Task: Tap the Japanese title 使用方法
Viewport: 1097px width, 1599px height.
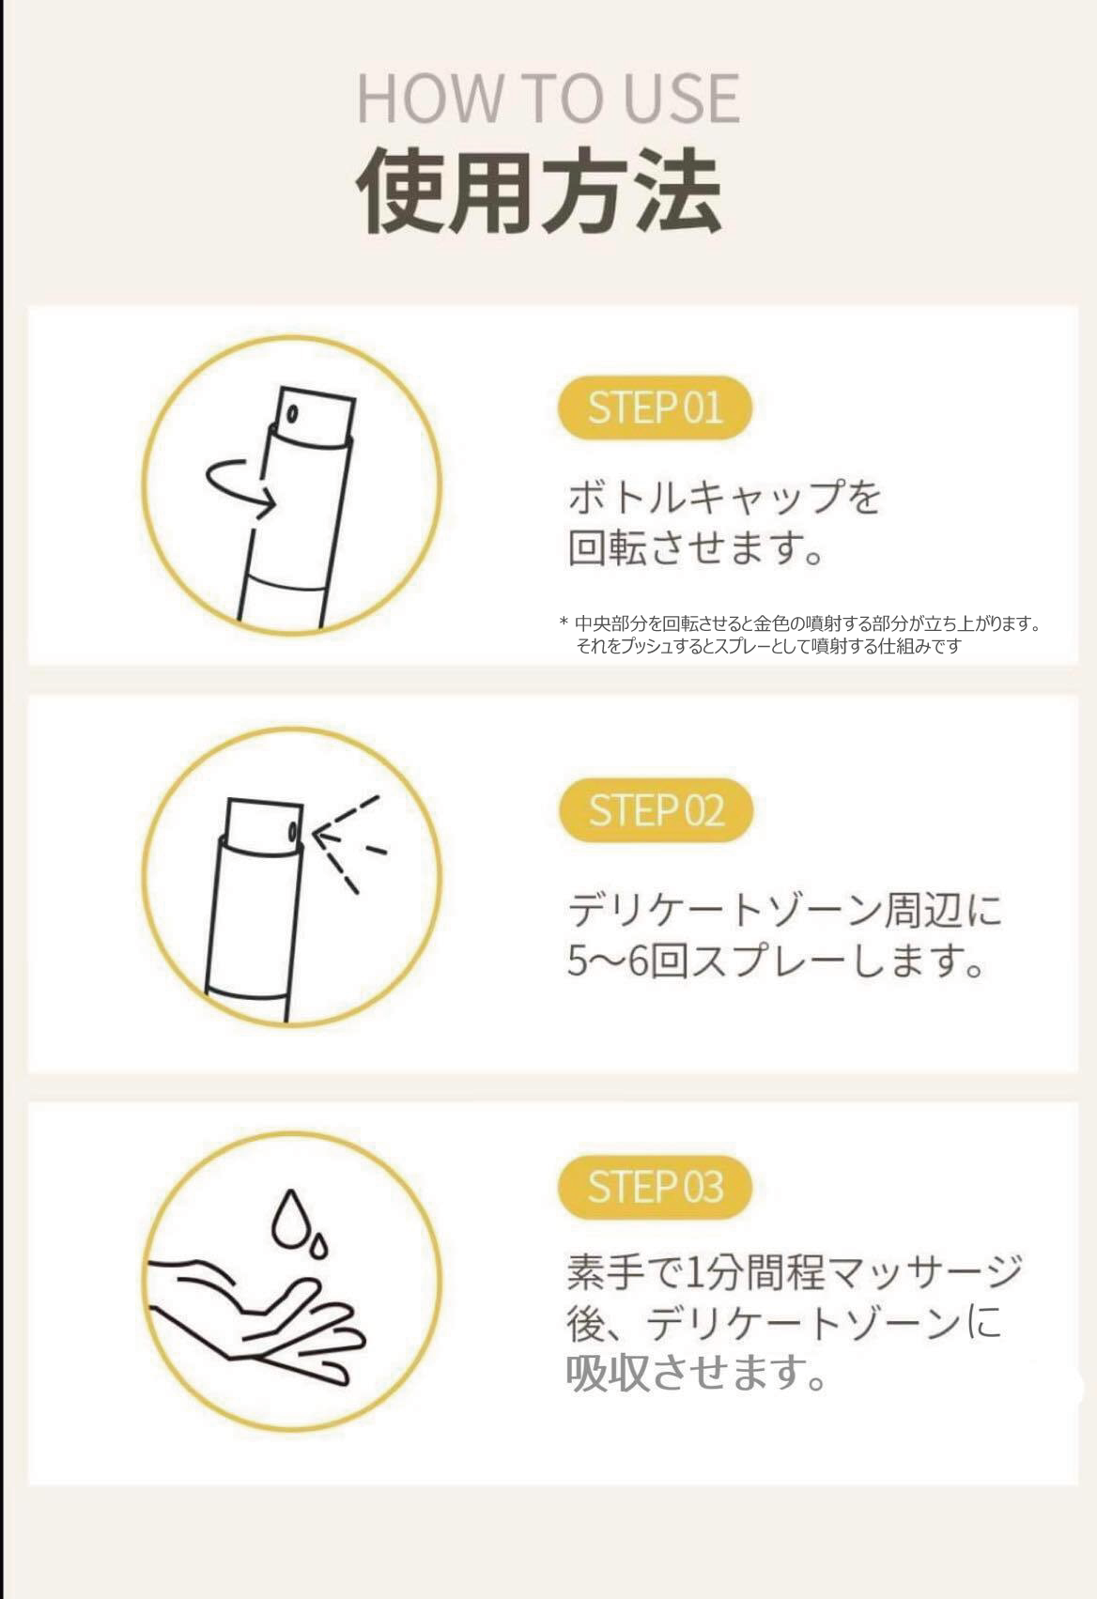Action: [x=538, y=191]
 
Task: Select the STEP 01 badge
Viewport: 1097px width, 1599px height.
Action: [x=655, y=407]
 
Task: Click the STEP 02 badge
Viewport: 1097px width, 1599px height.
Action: [x=656, y=810]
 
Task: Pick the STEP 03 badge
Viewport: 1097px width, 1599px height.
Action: [x=655, y=1187]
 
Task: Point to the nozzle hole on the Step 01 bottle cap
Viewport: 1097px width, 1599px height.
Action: [x=292, y=413]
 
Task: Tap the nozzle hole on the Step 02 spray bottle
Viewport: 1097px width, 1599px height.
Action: [x=293, y=831]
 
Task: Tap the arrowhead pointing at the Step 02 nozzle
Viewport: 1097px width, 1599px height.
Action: [x=323, y=837]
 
